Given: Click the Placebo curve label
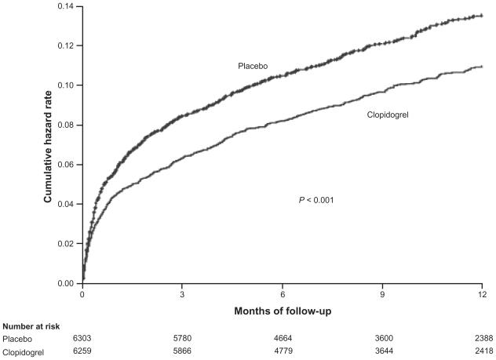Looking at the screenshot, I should pyautogui.click(x=253, y=67).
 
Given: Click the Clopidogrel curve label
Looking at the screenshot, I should pyautogui.click(x=389, y=115).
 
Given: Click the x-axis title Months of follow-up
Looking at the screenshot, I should pyautogui.click(x=282, y=311).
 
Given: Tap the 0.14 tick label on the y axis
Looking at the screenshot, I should pyautogui.click(x=65, y=6).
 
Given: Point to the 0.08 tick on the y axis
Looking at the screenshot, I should pyautogui.click(x=65, y=125).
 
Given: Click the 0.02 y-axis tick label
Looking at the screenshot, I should pyautogui.click(x=65, y=243).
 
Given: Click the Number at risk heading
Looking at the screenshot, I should pyautogui.click(x=31, y=326).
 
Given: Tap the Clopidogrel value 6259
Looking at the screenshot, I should pyautogui.click(x=83, y=352).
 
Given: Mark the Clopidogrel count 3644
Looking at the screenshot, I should pyautogui.click(x=381, y=352).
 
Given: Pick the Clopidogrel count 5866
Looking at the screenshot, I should pyautogui.click(x=182, y=352).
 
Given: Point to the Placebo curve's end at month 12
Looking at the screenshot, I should pyautogui.click(x=480, y=15).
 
